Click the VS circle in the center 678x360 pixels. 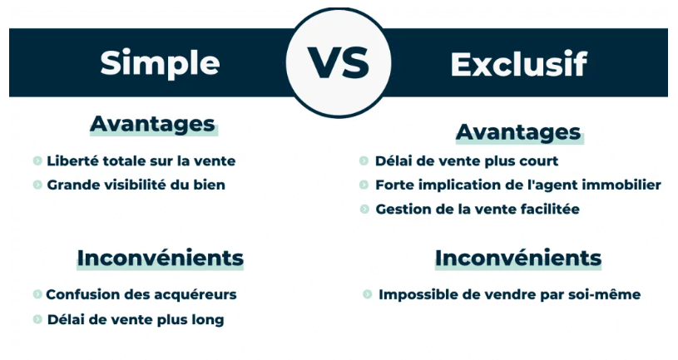(339, 62)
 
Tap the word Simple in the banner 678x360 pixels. (160, 64)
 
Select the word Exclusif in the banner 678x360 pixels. (519, 64)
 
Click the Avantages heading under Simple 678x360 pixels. (152, 124)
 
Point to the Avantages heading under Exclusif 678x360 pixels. (518, 132)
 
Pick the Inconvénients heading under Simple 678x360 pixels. (161, 258)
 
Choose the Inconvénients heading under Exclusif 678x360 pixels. (518, 258)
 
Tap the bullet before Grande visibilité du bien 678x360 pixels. (37, 185)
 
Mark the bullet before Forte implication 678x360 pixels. (364, 185)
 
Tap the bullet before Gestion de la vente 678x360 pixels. (364, 210)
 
